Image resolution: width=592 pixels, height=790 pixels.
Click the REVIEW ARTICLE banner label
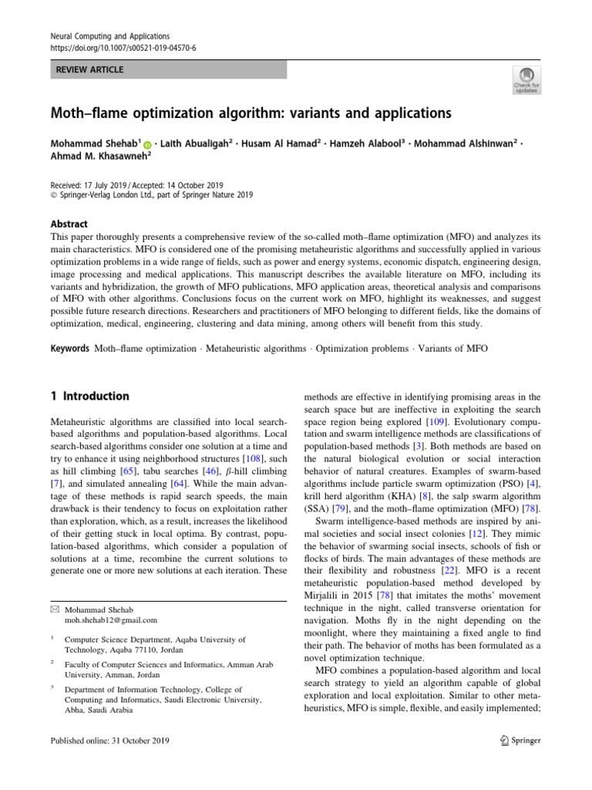[90, 70]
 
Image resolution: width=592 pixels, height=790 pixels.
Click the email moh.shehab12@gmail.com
[110, 620]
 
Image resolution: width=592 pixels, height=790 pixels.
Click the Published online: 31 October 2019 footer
[109, 741]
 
